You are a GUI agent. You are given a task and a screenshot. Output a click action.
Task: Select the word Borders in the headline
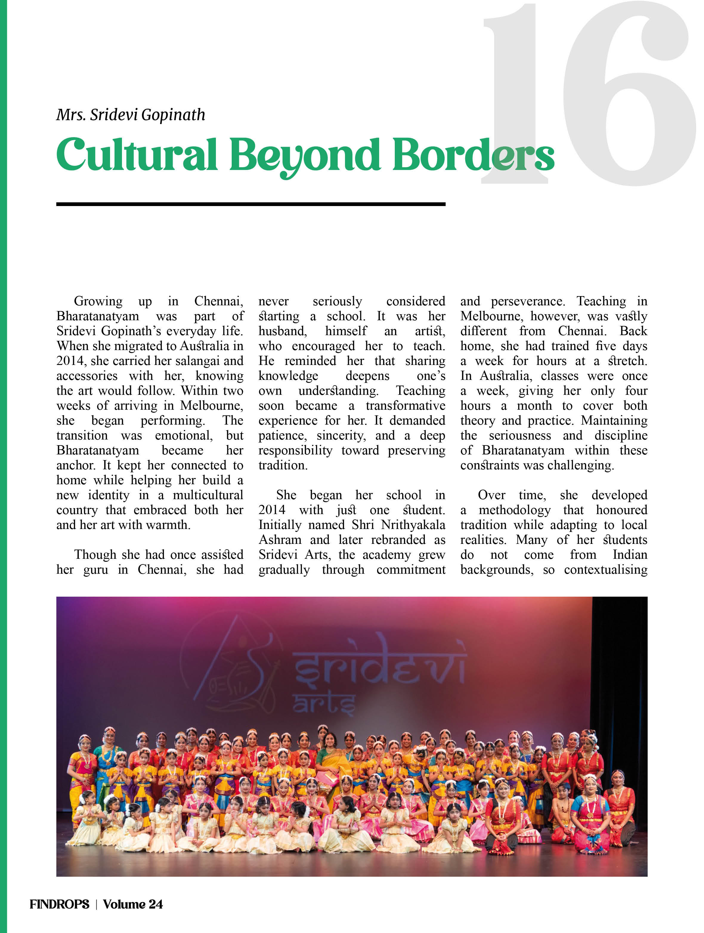472,155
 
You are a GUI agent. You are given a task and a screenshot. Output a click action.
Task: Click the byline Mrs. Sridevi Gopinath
131,115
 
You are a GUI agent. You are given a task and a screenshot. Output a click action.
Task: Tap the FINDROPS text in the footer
59,904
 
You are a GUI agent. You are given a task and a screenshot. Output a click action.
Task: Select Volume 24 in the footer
133,904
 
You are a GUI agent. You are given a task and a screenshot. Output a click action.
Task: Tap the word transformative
405,406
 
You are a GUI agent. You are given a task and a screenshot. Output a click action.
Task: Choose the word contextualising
605,570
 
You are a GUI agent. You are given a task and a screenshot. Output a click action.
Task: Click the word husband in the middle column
282,331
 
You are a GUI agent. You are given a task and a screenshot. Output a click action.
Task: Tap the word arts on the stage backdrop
324,703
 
